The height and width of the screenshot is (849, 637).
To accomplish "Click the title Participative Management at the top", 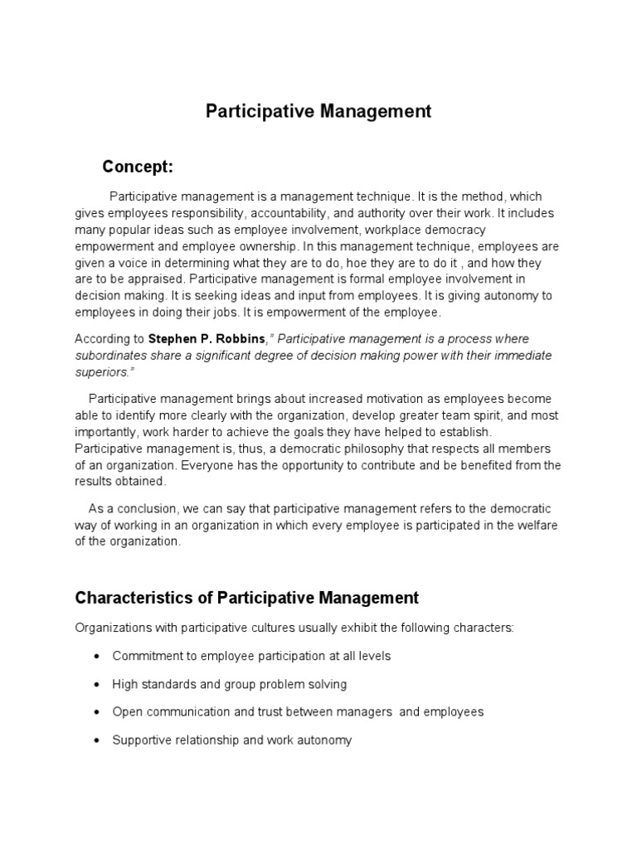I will point(318,112).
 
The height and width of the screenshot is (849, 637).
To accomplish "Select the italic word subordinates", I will point(112,355).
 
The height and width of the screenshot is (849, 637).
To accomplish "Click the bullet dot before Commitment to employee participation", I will point(97,656).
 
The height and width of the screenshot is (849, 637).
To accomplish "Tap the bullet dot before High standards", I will point(97,684).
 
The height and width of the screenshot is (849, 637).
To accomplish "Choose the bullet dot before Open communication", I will point(97,712).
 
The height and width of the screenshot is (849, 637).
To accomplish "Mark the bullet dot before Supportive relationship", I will point(97,740).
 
